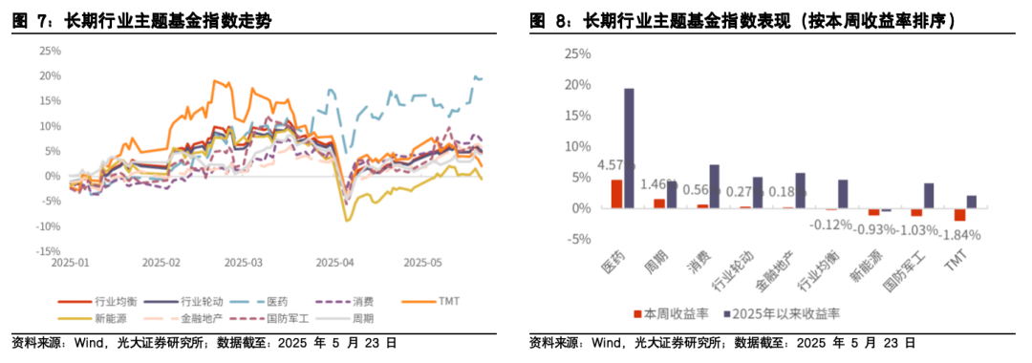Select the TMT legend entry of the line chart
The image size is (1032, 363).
[x=448, y=301]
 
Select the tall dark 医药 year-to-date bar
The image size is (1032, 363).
[x=629, y=148]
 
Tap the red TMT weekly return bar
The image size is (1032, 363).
[x=959, y=214]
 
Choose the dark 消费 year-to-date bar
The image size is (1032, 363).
[x=714, y=186]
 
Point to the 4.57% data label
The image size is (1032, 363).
[x=614, y=165]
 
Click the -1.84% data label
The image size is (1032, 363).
[x=959, y=234]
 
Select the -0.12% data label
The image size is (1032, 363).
[x=830, y=224]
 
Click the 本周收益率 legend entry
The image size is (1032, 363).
[x=669, y=312]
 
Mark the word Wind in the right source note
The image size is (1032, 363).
[x=608, y=342]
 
